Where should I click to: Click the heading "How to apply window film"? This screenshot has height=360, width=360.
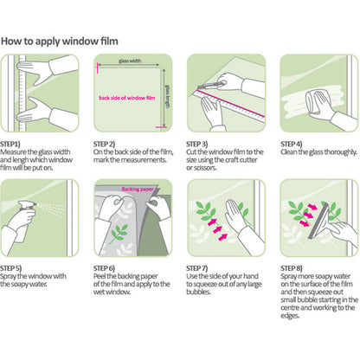coord(60,42)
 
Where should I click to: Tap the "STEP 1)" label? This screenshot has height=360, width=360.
coord(10,144)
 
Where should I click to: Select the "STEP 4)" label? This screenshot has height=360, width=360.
coord(292,144)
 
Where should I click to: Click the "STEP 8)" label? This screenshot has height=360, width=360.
coord(292,268)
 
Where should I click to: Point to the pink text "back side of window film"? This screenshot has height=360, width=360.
coord(127,98)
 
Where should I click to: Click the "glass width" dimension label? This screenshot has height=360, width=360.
coord(130,61)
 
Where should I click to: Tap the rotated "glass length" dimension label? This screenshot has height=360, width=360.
coord(167,96)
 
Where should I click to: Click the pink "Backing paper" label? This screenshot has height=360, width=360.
coord(138,190)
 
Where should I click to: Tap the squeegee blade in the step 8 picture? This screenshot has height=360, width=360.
coord(318,221)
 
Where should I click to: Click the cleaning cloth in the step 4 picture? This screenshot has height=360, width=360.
coord(313,101)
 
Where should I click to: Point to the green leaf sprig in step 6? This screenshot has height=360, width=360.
coord(119,233)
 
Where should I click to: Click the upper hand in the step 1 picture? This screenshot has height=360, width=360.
coord(48,68)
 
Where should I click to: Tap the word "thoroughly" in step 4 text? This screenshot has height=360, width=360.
coord(341,152)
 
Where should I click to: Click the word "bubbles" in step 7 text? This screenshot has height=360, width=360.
coord(198,292)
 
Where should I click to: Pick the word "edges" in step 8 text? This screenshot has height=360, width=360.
coord(290,316)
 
